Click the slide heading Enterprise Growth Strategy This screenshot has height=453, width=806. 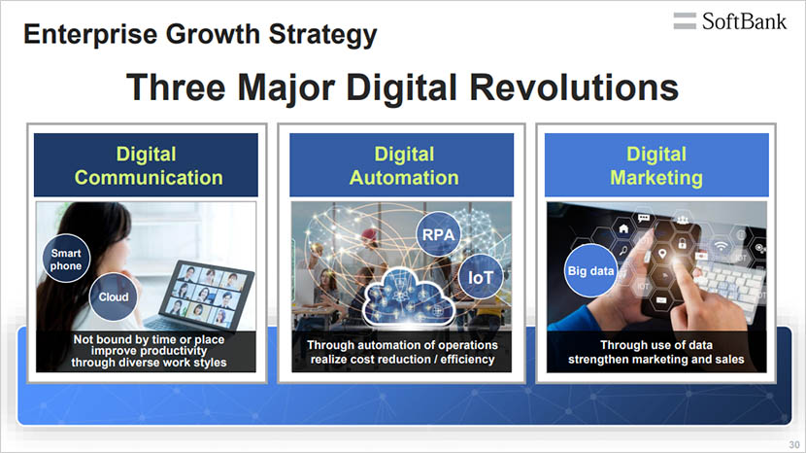click(200, 36)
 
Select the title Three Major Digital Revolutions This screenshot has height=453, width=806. click(402, 87)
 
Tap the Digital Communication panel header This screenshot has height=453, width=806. click(148, 165)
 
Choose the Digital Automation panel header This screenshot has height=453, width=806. click(403, 165)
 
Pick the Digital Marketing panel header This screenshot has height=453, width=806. click(656, 165)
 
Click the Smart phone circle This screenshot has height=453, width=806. click(66, 259)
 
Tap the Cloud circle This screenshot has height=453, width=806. click(113, 297)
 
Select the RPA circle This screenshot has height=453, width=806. click(439, 234)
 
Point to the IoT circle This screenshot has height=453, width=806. click(481, 277)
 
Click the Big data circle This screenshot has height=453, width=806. click(590, 271)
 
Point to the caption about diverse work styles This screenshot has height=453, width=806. click(148, 351)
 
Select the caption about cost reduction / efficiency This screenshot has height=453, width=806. click(403, 352)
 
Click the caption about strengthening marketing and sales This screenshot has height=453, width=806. click(656, 352)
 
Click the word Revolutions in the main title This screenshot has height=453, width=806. click(572, 87)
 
